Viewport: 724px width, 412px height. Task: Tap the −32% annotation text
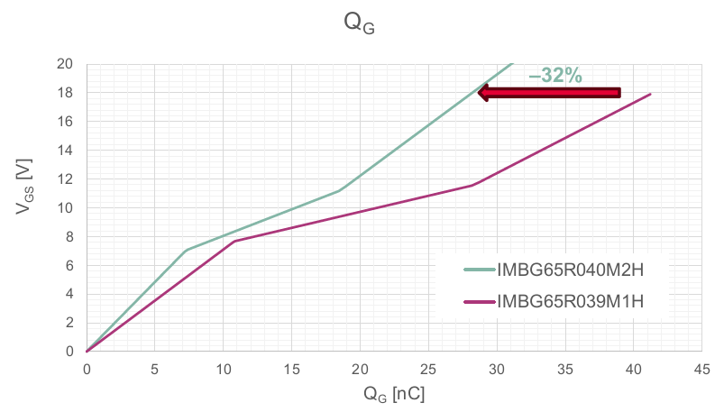554,77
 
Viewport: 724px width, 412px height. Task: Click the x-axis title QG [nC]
394,393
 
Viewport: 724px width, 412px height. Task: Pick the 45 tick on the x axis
701,368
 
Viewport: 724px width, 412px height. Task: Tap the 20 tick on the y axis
65,64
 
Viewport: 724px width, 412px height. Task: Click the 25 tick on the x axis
428,368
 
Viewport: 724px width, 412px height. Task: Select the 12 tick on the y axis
65,179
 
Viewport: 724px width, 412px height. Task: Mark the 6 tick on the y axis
69,265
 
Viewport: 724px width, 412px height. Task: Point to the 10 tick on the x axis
223,368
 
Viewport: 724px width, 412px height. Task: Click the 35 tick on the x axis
565,368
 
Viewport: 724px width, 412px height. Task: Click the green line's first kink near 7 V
186,250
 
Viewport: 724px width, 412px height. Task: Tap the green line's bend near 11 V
339,190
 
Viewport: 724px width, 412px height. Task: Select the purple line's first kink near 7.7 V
234,241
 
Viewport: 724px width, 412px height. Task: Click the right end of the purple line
650,94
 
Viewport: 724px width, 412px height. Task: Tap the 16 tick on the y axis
65,121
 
